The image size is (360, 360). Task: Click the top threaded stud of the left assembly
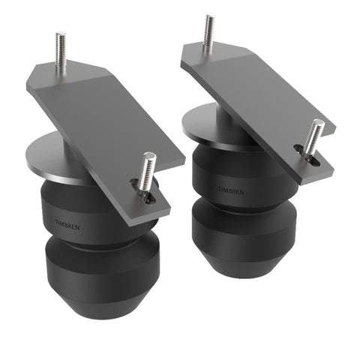tap(61, 52)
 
